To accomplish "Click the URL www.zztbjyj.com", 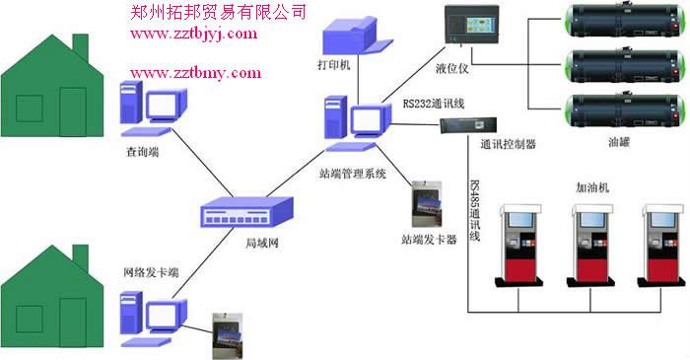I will click(x=193, y=34).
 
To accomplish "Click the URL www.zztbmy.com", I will click(x=195, y=72).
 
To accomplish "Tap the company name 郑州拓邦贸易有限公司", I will click(x=218, y=12).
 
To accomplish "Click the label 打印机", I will click(x=333, y=68).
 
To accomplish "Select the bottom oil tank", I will click(x=620, y=109).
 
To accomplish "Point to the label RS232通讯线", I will click(x=436, y=102).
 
